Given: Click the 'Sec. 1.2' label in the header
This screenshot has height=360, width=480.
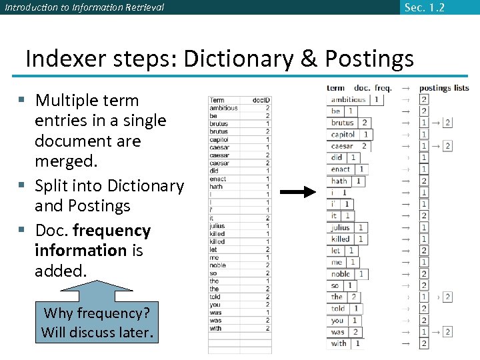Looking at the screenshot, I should point(424,7).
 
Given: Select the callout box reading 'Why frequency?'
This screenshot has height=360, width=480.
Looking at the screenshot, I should point(97,322).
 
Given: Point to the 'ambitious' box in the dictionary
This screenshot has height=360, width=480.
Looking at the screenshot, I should point(349,99).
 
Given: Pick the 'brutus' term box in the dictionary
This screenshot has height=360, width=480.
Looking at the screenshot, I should point(343,123).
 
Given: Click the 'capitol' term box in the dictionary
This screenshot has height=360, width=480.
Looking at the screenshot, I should point(343,134).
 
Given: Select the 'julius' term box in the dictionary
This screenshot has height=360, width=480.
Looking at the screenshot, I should point(340,227).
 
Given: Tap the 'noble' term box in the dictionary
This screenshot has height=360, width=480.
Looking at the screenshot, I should point(341,274).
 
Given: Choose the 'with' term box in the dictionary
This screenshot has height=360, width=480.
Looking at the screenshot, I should point(339,343).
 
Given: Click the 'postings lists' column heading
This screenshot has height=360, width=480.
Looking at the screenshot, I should point(444,88).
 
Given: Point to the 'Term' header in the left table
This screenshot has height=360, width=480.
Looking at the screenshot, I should point(217,100).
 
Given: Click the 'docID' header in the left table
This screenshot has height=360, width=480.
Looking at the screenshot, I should point(261,100).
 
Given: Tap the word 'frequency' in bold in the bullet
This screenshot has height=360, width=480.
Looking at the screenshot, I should point(111,231).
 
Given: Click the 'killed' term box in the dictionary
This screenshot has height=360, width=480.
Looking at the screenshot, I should point(341,239).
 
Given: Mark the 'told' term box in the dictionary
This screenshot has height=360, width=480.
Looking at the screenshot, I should point(339,309).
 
